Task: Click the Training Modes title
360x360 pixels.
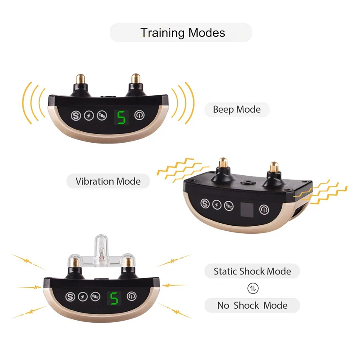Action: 183,33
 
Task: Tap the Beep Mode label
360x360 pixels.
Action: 236,110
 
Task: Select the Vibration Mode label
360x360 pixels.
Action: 108,181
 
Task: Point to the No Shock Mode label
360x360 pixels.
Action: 252,305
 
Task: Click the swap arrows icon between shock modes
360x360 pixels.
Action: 252,288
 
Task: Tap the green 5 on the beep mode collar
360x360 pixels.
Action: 121,116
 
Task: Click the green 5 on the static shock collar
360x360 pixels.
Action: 113,299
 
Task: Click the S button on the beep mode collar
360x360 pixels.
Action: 76,115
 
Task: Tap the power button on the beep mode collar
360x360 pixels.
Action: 139,115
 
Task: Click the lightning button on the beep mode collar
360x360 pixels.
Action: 89,115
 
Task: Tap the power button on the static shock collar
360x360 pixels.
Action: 132,296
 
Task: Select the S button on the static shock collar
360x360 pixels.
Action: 70,296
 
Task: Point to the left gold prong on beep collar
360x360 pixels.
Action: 80,79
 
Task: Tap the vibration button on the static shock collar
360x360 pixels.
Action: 96,297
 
